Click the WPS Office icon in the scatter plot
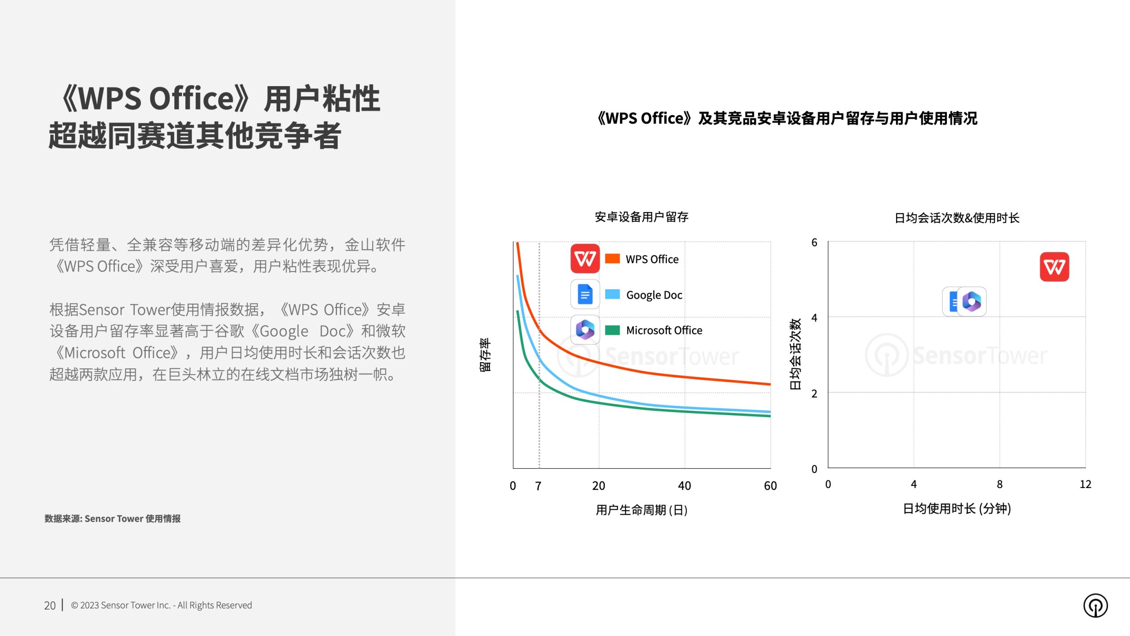pos(1055,267)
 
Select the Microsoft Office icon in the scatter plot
pos(972,302)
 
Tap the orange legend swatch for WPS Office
pos(612,258)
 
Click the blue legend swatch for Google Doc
pos(612,294)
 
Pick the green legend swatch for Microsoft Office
pos(612,330)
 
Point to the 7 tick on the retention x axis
pos(538,486)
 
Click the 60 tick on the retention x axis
pos(770,486)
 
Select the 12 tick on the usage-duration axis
pos(1085,484)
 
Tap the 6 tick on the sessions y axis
pos(814,242)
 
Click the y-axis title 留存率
pos(485,355)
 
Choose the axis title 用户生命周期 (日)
pos(642,510)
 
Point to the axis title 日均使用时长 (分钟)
pos(957,509)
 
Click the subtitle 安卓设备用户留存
pos(642,217)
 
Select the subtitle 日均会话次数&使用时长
pos(957,218)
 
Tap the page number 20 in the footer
pos(50,605)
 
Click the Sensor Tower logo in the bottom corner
pos(1096,606)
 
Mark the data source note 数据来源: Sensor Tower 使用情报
pos(113,519)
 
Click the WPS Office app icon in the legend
pos(585,258)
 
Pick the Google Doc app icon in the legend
pos(585,294)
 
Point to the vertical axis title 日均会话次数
pos(795,354)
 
